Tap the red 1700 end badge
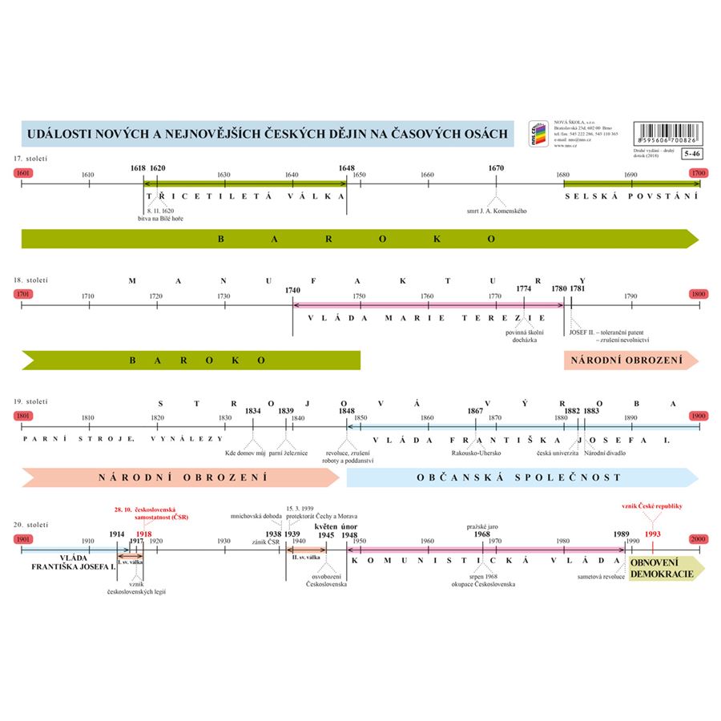[699, 173]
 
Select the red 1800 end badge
[699, 294]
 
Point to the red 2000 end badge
[699, 541]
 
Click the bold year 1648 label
[347, 168]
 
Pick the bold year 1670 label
[496, 168]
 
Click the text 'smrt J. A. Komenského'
[497, 211]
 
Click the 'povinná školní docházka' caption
[525, 335]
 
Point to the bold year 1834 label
[253, 411]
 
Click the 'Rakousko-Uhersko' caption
[477, 453]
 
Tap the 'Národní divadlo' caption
[605, 453]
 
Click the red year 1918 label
[143, 534]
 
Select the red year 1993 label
[652, 533]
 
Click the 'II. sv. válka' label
[307, 556]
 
